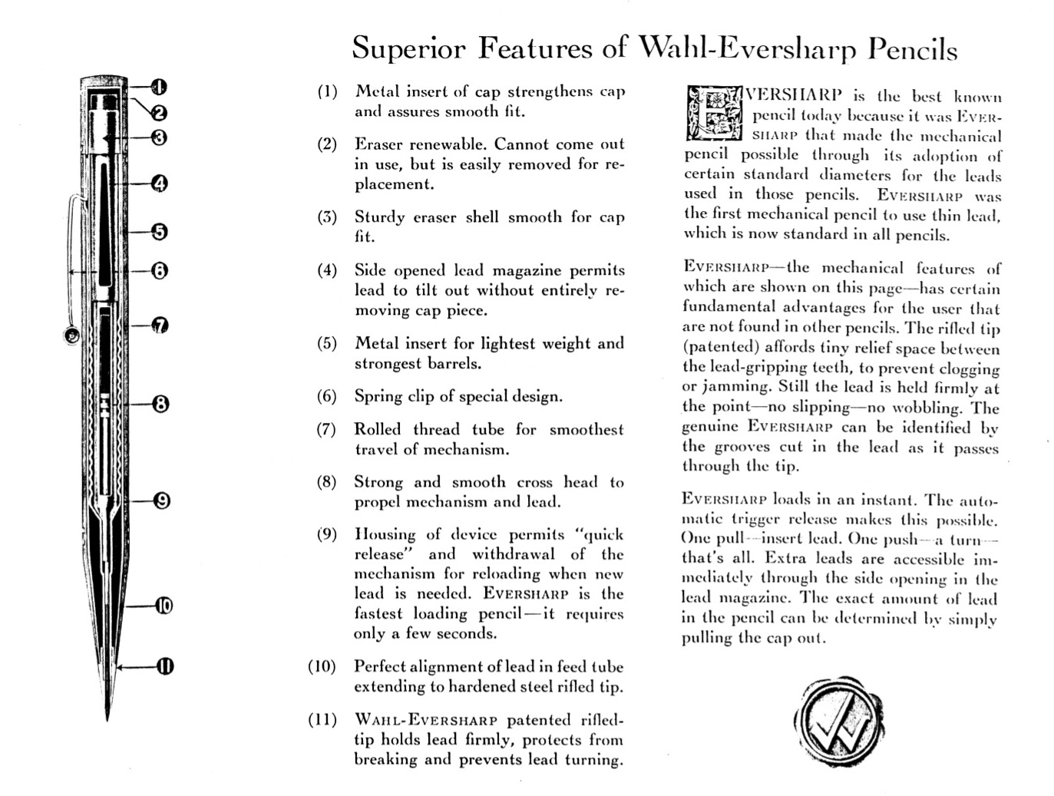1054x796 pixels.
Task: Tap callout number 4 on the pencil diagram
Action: pyautogui.click(x=159, y=183)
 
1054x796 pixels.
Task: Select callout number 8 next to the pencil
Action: pyautogui.click(x=160, y=403)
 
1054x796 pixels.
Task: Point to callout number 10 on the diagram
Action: pyautogui.click(x=164, y=606)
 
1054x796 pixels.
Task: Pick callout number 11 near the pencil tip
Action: pyautogui.click(x=165, y=666)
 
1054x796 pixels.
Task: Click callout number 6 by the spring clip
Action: pyautogui.click(x=159, y=270)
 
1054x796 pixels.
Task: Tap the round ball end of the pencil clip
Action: pyautogui.click(x=71, y=334)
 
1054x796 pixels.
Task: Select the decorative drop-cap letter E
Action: pyautogui.click(x=713, y=114)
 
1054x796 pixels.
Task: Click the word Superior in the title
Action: pyautogui.click(x=408, y=48)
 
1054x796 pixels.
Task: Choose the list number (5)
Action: pyautogui.click(x=328, y=343)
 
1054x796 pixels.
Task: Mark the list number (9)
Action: pyautogui.click(x=328, y=534)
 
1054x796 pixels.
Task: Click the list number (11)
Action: pyautogui.click(x=323, y=720)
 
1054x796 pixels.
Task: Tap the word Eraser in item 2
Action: pyautogui.click(x=378, y=144)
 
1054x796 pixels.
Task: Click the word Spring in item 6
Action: pyautogui.click(x=378, y=396)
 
